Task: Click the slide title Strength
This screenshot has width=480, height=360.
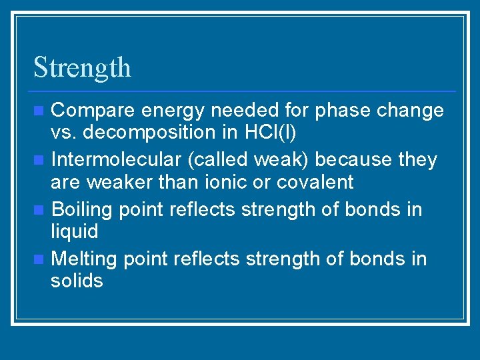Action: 82,68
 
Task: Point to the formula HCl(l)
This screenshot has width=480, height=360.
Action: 269,133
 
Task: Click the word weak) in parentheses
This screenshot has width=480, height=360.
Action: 285,160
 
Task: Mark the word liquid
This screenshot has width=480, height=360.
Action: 74,231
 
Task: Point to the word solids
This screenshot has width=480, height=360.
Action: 77,281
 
